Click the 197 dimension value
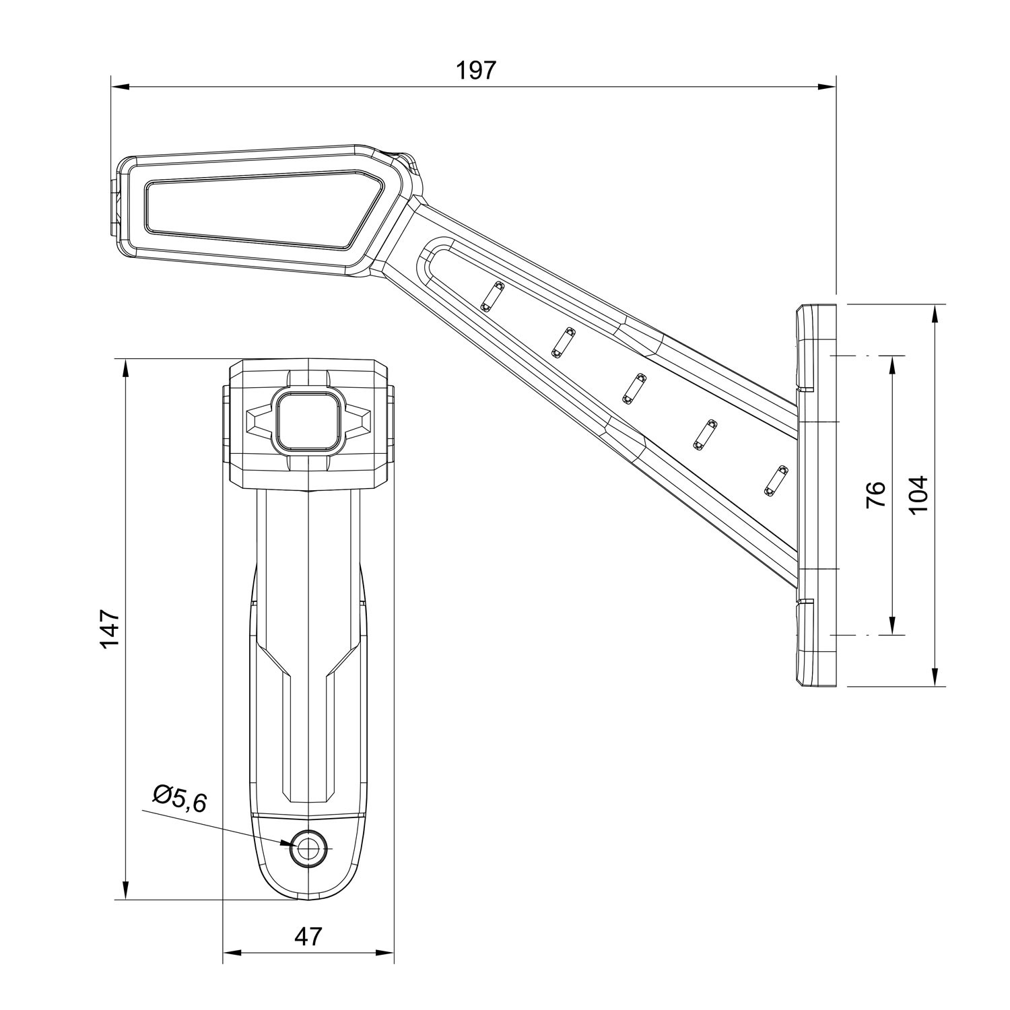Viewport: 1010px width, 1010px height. pos(476,71)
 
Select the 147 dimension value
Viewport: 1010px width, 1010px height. pos(110,629)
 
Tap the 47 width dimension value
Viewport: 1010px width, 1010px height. pos(308,935)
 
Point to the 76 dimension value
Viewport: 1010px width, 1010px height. pos(875,495)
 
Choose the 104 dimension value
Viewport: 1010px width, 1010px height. pos(918,495)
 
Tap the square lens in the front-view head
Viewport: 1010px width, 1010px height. pos(308,421)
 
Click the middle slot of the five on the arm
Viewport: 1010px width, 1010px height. pos(634,389)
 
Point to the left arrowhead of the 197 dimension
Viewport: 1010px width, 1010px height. pos(120,86)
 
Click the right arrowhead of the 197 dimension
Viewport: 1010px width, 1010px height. pos(826,86)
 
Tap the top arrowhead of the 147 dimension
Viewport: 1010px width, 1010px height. pos(125,368)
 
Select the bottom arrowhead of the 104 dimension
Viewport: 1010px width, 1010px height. pos(936,677)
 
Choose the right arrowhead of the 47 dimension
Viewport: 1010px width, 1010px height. pos(384,952)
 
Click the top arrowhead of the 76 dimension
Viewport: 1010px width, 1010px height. pos(893,365)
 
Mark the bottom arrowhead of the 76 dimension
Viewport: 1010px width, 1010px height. pos(893,626)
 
